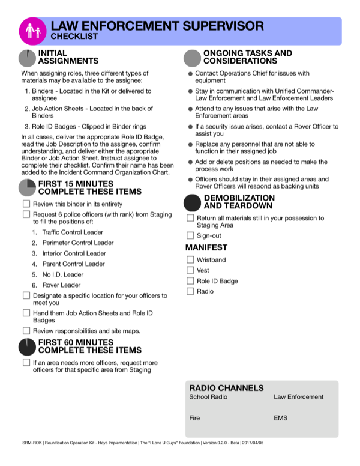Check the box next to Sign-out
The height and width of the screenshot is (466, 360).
190,236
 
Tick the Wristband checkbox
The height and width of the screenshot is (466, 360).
190,260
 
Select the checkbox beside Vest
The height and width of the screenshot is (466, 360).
190,271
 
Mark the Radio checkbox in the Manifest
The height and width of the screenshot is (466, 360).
190,292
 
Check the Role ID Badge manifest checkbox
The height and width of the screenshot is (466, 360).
190,281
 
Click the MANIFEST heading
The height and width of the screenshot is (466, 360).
206,247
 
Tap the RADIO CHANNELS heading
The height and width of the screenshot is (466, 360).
226,388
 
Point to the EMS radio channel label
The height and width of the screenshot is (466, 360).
280,417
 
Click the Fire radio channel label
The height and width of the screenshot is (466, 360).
194,417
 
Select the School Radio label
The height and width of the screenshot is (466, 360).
208,397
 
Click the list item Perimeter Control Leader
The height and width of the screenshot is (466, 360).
77,243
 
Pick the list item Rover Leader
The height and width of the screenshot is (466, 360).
62,285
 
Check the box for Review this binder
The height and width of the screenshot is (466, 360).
26,204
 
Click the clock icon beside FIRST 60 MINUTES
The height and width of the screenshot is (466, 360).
27,346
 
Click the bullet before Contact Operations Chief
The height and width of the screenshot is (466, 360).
190,74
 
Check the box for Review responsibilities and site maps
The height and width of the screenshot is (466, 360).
26,331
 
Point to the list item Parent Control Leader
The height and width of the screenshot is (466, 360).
73,264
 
